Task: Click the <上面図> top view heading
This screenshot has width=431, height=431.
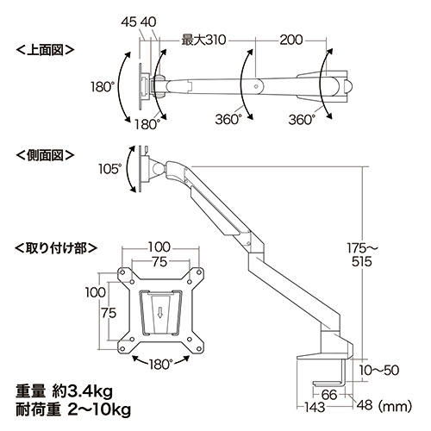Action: [x=45, y=50]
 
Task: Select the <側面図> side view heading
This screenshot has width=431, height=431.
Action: [x=45, y=155]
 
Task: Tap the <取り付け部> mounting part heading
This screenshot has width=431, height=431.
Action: [x=56, y=247]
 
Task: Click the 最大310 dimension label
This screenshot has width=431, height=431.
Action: [x=203, y=41]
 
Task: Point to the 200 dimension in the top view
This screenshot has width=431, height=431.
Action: [x=291, y=41]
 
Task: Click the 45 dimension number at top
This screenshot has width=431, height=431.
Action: [x=128, y=22]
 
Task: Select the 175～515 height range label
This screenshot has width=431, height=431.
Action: [x=361, y=255]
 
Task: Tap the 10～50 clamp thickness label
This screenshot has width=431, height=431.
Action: [x=379, y=371]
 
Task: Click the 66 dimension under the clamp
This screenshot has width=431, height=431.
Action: [x=329, y=395]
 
